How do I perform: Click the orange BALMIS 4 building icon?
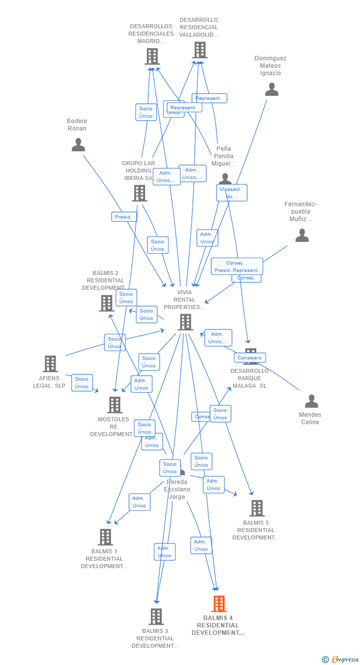click(219, 604)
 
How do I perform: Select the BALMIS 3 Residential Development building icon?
click(156, 617)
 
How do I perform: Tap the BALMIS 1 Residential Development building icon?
click(105, 537)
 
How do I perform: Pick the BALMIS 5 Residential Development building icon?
click(257, 508)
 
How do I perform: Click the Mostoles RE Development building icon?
click(115, 405)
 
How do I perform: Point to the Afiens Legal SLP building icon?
click(50, 364)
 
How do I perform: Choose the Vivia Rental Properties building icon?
click(185, 322)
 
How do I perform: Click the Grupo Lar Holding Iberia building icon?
click(139, 193)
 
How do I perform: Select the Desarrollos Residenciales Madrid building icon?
click(152, 56)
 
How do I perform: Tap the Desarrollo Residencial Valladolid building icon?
click(200, 50)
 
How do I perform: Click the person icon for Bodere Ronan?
click(78, 145)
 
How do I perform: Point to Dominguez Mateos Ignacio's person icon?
click(271, 89)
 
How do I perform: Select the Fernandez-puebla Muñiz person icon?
click(302, 235)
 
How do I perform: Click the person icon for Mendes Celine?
click(311, 401)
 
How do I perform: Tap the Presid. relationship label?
click(124, 217)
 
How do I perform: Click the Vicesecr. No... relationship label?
click(231, 193)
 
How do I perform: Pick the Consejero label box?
click(250, 357)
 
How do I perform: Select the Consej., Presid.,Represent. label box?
click(237, 266)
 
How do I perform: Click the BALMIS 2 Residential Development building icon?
click(106, 303)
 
